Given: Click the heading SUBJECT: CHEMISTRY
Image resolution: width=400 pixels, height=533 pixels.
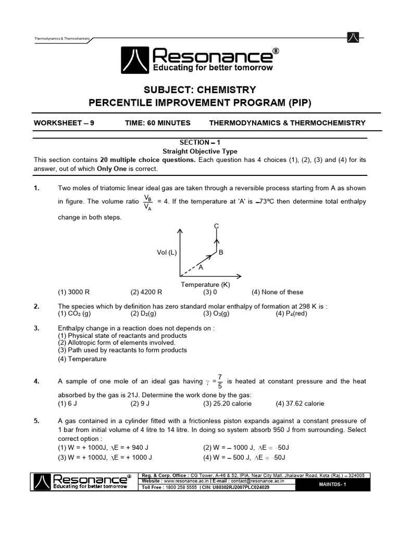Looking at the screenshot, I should tap(200, 90).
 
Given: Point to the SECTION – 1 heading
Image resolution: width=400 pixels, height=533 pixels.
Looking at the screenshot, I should tap(200, 142).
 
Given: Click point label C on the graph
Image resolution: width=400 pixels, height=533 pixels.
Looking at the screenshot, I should tap(217, 225).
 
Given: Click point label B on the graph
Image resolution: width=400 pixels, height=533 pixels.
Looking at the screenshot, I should tap(221, 252).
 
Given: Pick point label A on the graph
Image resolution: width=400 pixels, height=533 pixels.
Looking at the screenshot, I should tap(200, 267).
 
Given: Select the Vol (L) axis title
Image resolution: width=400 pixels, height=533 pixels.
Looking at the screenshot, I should tap(167, 252).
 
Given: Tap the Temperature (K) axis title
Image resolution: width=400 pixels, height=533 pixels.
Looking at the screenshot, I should tap(205, 284).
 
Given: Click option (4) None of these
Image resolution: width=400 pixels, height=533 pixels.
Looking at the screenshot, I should tap(277, 292).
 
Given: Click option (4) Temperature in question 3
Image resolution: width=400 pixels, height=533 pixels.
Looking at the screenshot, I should tap(82, 359).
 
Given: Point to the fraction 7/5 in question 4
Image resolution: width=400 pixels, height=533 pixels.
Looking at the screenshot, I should tap(220, 381).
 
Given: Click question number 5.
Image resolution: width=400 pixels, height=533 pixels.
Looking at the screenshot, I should tap(36, 421).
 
